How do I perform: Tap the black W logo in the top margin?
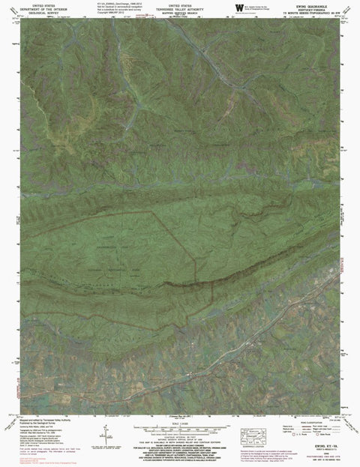[238, 7]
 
